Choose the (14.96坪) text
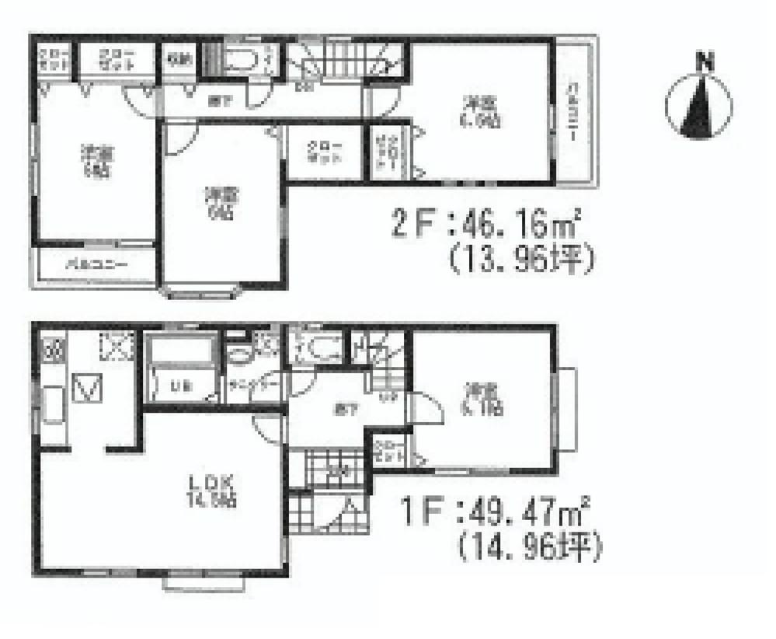coord(530,548)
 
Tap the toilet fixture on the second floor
coord(241,60)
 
